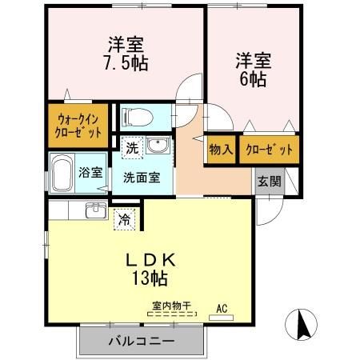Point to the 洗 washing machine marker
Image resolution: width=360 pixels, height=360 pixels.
click(131, 148)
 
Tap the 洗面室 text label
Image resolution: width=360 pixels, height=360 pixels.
click(141, 176)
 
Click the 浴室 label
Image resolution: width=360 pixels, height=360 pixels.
click(89, 172)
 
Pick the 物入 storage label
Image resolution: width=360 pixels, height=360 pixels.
click(221, 149)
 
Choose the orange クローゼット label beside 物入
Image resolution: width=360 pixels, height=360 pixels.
click(264, 149)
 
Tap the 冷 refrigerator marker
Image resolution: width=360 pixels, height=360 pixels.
click(124, 218)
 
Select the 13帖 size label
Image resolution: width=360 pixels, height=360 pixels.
click(150, 279)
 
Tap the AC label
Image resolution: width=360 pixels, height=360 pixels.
click(222, 306)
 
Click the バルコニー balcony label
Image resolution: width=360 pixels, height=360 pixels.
click(141, 342)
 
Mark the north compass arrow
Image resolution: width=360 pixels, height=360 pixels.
click(302, 325)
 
